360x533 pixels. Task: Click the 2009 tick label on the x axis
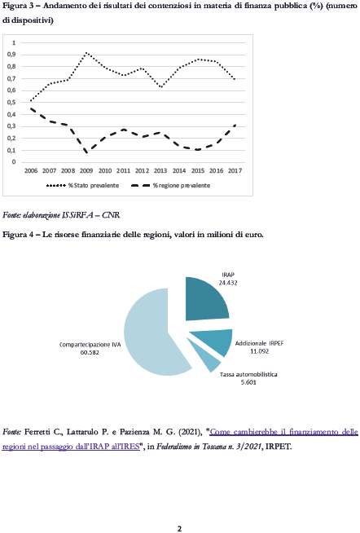(x=86, y=170)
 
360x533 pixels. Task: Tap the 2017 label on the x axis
(x=235, y=170)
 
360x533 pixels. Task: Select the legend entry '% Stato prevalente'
(x=82, y=185)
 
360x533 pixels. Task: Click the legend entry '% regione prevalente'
(x=170, y=185)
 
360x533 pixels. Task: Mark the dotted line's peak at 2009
(x=86, y=53)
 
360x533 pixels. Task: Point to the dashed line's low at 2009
(x=86, y=152)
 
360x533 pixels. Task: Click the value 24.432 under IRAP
(x=228, y=283)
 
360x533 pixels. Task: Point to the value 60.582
(x=90, y=353)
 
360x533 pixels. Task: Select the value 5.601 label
(x=248, y=382)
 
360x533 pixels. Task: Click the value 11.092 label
(x=260, y=351)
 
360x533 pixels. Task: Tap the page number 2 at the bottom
(x=180, y=529)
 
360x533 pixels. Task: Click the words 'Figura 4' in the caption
(x=17, y=235)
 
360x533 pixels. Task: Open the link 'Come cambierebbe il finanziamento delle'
(x=284, y=432)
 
